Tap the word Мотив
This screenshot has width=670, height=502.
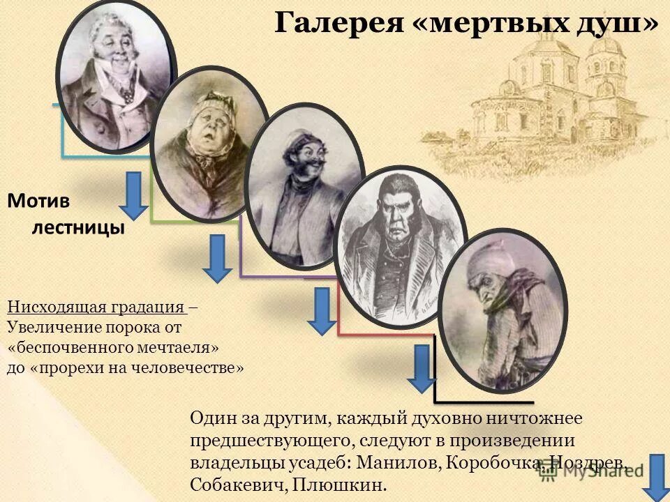coord(39,201)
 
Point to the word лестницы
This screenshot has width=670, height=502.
coord(76,228)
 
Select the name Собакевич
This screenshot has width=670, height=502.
coord(236,485)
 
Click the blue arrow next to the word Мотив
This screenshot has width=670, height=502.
coord(133,196)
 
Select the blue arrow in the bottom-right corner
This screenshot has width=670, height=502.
coord(656,476)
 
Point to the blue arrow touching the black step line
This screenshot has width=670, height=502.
coord(422,367)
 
